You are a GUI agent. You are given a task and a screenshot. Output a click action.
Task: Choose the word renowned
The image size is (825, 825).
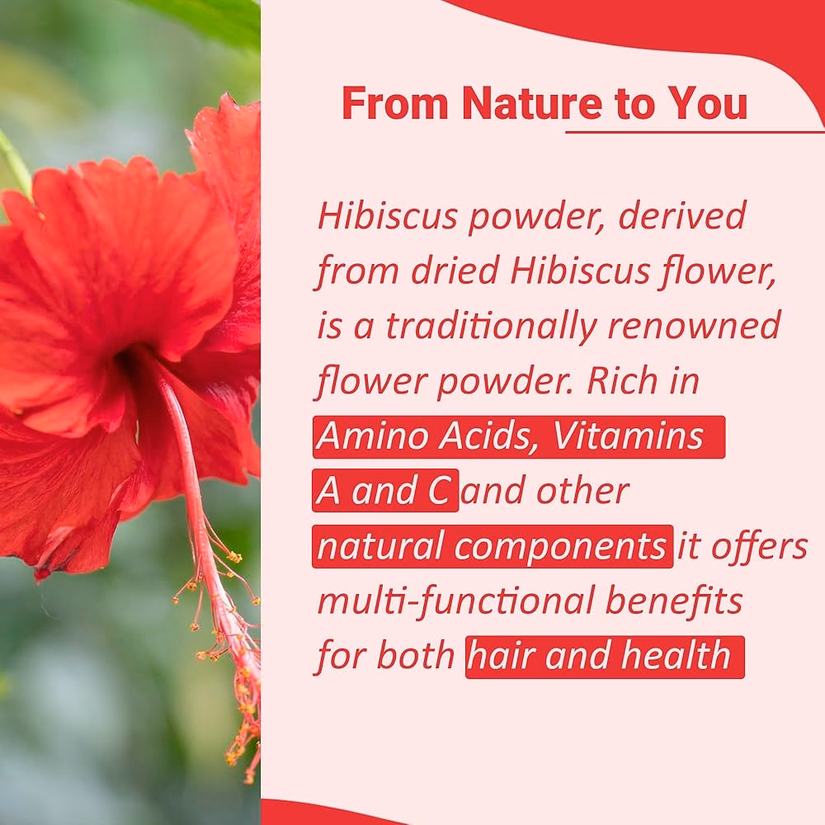coord(694,327)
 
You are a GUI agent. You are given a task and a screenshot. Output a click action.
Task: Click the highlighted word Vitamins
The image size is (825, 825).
coord(628,437)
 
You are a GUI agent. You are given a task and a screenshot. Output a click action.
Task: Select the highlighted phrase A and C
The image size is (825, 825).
coord(384,493)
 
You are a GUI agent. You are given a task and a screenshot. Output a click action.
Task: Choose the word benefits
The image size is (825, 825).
coord(674,602)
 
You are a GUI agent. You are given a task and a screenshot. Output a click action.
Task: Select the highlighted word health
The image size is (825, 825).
coord(676,657)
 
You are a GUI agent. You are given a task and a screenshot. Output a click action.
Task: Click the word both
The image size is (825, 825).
coord(417,657)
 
